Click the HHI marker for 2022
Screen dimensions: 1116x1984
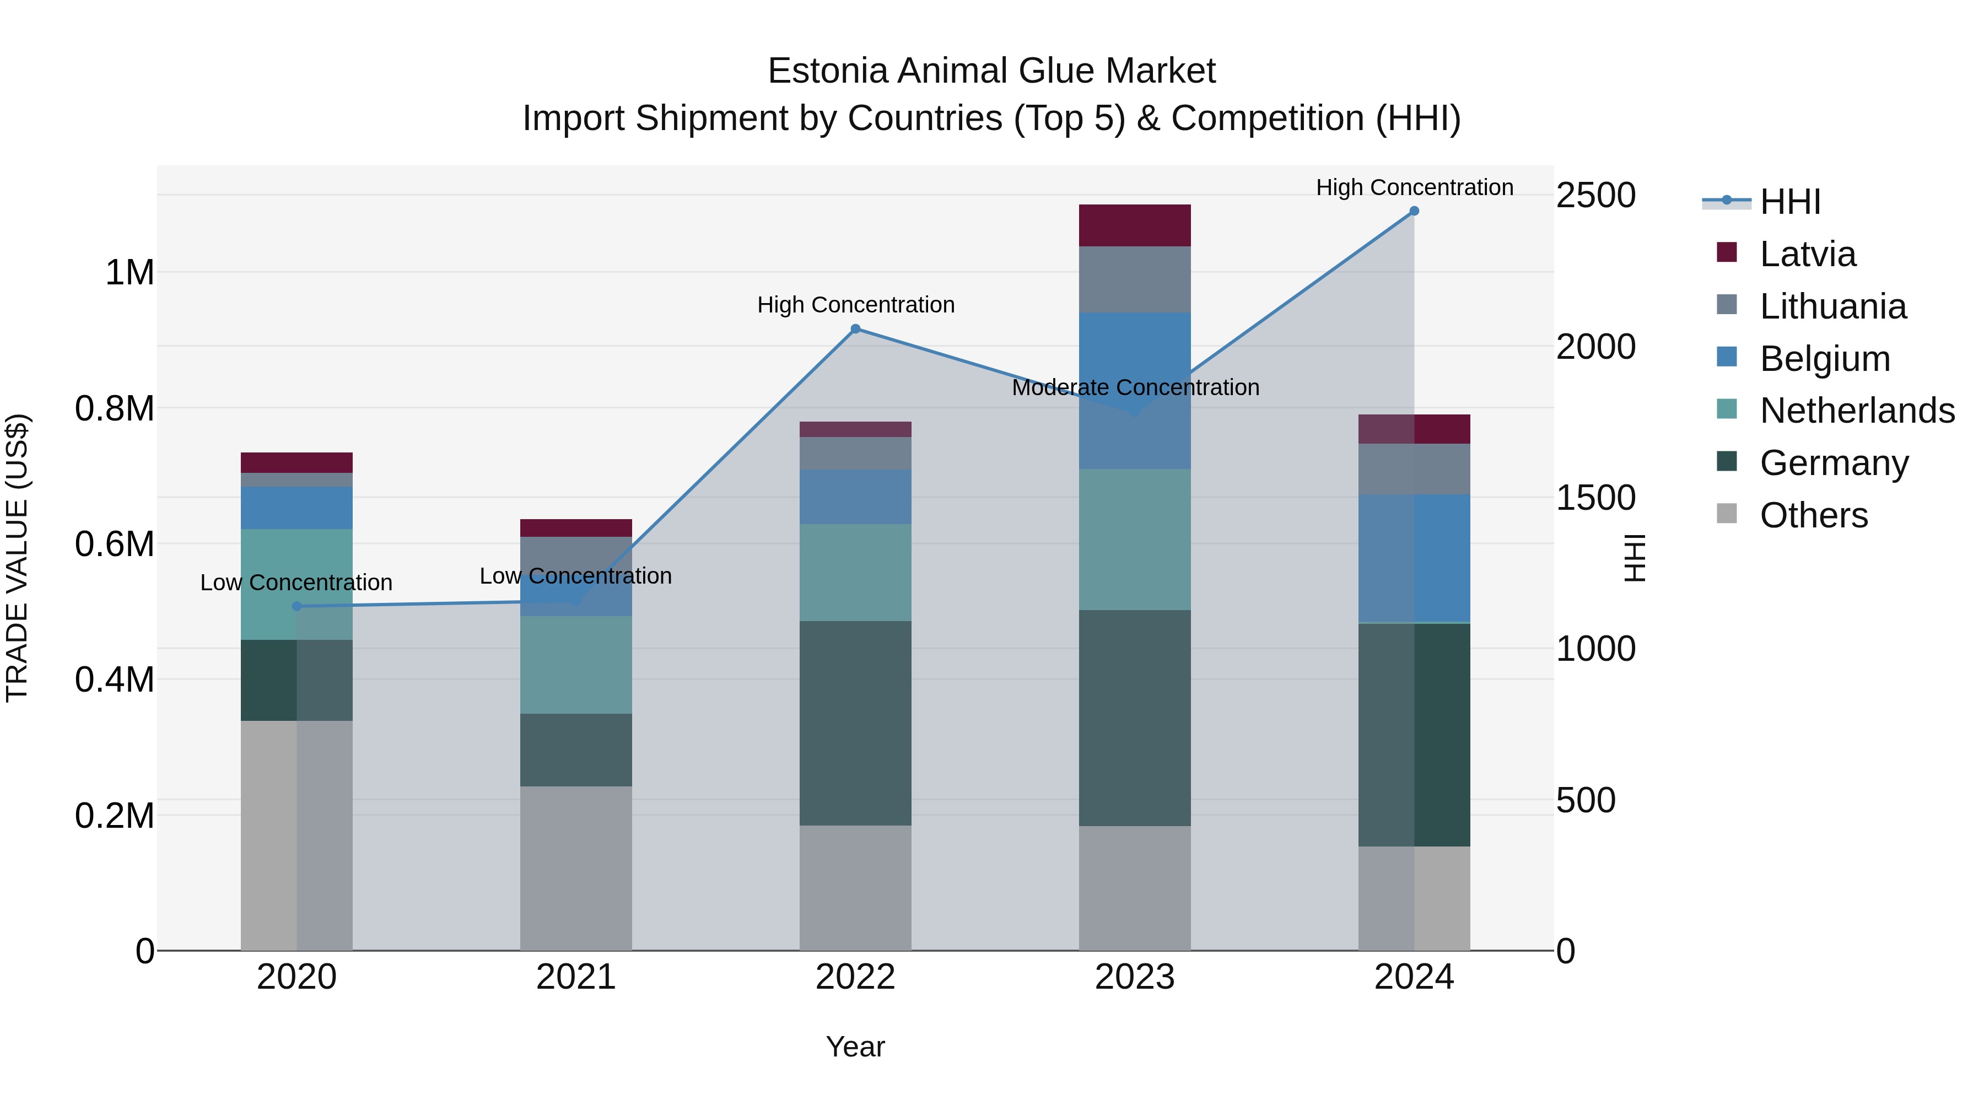coord(855,329)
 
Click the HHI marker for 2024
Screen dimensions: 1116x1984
coord(1414,211)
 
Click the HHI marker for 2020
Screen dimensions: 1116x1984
coord(296,606)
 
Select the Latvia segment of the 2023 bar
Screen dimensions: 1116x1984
coord(1135,225)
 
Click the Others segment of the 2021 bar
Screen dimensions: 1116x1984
coord(575,868)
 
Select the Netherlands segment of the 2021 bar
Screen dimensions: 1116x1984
coord(575,664)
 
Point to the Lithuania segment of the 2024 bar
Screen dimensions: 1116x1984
coord(1414,469)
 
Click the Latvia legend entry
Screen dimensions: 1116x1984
coord(1807,254)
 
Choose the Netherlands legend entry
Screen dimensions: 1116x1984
coord(1856,411)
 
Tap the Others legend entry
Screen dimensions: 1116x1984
coord(1813,515)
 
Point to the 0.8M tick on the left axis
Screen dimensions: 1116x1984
coord(114,408)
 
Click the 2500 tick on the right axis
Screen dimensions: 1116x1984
coord(1595,195)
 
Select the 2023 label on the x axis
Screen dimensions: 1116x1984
coord(1135,977)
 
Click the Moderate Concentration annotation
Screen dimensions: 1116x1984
coord(1135,387)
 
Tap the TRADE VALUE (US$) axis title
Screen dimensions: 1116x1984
coord(17,558)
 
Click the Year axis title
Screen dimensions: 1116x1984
coord(855,1047)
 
